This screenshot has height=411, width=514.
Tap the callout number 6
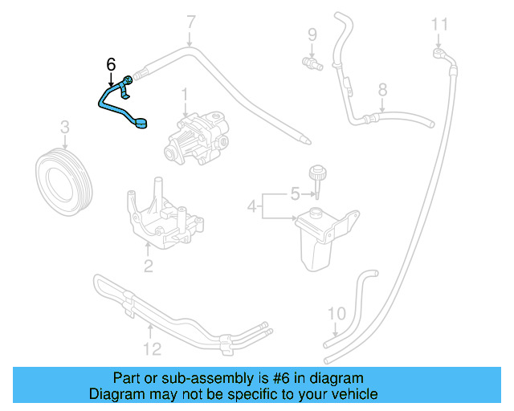(x=111, y=64)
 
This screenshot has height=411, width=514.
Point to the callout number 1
(x=184, y=95)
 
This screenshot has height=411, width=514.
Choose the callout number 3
(x=65, y=126)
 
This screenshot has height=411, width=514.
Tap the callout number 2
(x=148, y=267)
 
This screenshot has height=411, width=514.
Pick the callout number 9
(x=312, y=35)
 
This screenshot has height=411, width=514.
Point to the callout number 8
(x=382, y=89)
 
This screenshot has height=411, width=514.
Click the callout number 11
(x=438, y=24)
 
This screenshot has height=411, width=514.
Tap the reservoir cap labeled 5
(x=316, y=175)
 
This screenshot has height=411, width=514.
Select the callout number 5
(x=294, y=194)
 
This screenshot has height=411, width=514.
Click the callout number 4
(x=252, y=207)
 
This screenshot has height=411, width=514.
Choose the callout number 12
(x=152, y=348)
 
